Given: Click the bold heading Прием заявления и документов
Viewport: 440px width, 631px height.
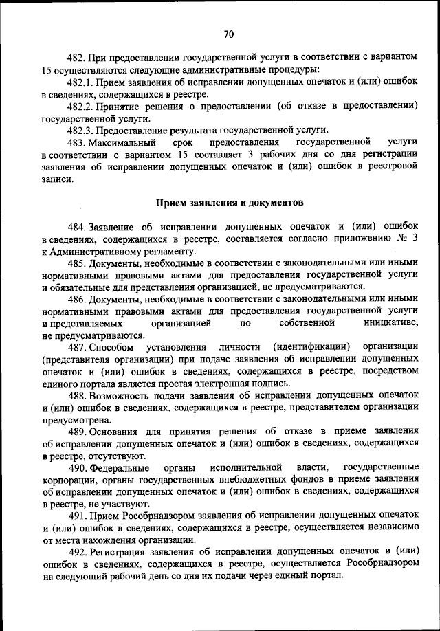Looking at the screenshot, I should (229, 203).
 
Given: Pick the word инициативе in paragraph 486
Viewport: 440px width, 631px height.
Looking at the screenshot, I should (391, 322).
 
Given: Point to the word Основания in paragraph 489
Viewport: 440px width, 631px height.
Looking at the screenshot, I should (113, 431).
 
